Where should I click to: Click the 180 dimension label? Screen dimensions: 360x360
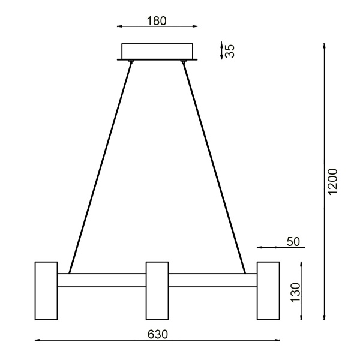(157, 20)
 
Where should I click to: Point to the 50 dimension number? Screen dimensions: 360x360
(293, 242)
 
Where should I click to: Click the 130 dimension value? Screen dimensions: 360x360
(294, 292)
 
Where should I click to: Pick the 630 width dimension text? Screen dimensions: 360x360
(157, 334)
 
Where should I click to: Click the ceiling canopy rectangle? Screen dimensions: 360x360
(157, 51)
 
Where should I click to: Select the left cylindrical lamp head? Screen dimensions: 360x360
(46, 290)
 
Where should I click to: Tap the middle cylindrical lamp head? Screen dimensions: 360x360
(157, 290)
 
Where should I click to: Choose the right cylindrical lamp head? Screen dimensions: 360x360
(268, 290)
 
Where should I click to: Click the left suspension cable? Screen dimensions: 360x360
(101, 168)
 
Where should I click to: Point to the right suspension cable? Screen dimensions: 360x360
(214, 168)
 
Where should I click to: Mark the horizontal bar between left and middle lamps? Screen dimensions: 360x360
(101, 280)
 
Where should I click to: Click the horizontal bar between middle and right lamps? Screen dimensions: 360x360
(212, 280)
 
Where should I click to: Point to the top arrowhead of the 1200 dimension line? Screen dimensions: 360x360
(324, 46)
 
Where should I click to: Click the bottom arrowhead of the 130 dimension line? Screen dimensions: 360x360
(301, 317)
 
